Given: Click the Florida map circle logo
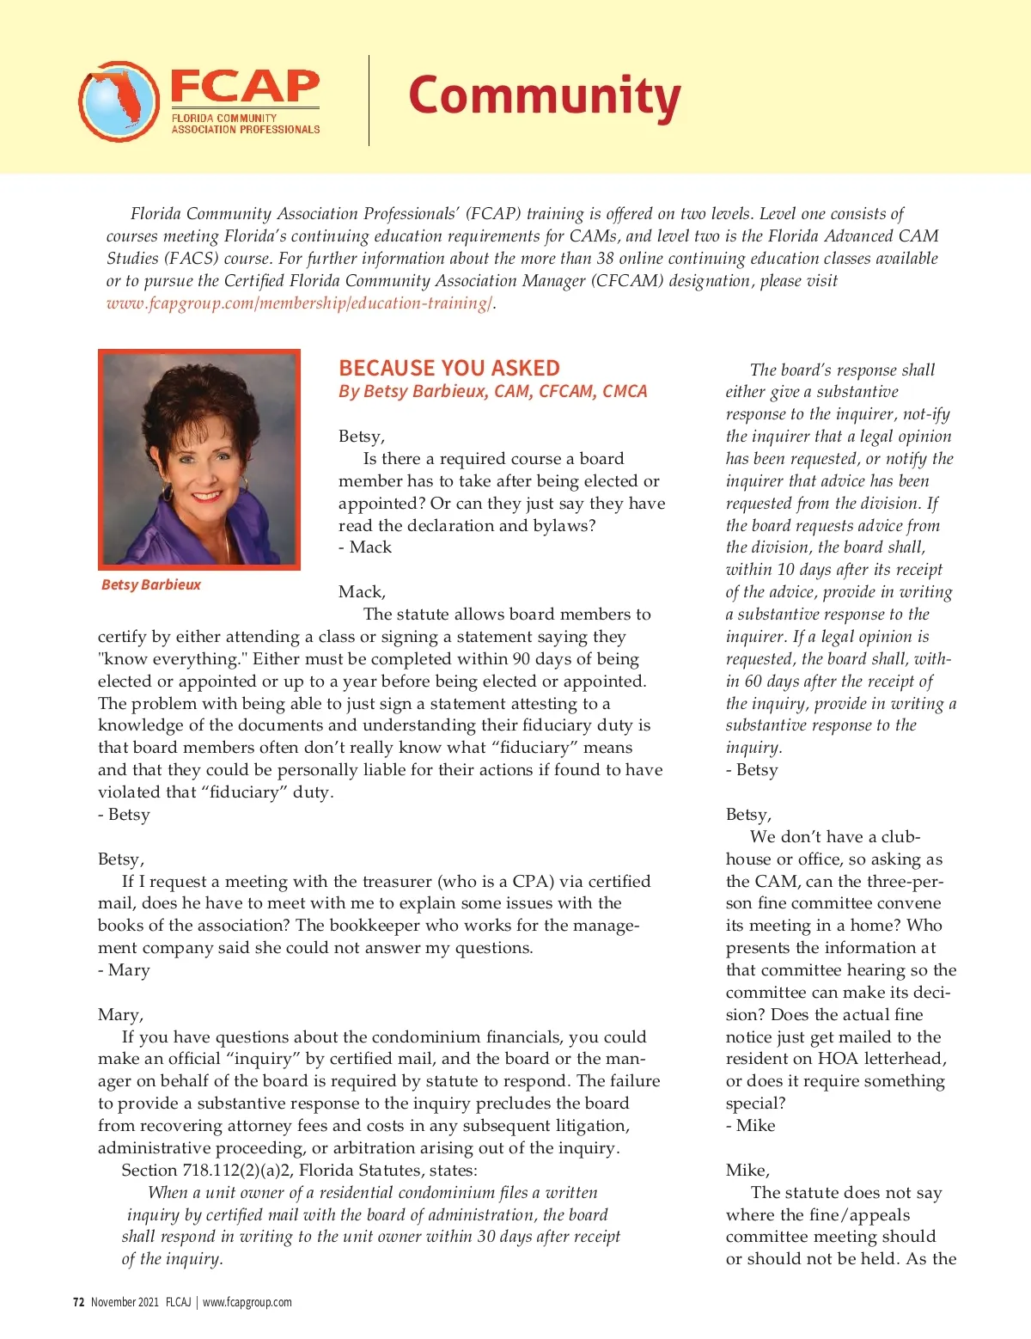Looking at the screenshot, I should click(119, 101).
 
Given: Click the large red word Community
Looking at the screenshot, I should click(544, 96).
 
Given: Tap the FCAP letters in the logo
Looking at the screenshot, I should click(245, 86).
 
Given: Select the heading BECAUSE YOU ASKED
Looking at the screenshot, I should click(448, 369).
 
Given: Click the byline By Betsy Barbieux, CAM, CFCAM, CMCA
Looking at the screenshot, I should click(492, 392).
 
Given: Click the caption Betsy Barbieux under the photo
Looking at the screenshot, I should click(151, 584).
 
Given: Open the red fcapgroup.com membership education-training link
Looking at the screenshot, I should click(299, 303).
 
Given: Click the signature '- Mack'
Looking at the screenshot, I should click(365, 547).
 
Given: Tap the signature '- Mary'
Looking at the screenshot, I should click(125, 970).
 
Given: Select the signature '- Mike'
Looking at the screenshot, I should click(751, 1126).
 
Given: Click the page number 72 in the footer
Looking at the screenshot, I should click(78, 1302).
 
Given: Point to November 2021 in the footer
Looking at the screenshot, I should click(125, 1302).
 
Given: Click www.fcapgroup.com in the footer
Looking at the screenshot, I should click(247, 1302).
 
